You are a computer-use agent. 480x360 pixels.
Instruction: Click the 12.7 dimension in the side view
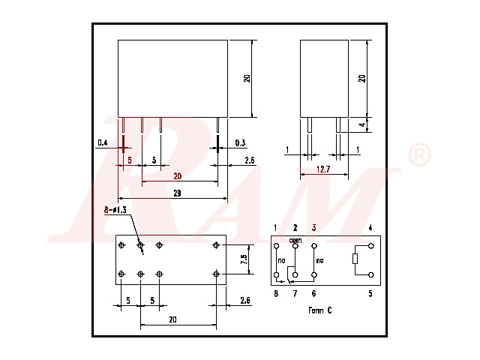pyautogui.click(x=323, y=169)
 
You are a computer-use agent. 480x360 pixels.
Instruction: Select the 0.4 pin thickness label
pyautogui.click(x=103, y=142)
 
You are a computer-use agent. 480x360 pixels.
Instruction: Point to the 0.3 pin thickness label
pyautogui.click(x=240, y=142)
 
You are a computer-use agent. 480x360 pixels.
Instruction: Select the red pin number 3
pyautogui.click(x=314, y=227)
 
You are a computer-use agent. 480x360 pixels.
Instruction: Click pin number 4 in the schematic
pyautogui.click(x=370, y=227)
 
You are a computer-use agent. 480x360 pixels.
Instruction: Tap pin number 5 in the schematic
pyautogui.click(x=370, y=294)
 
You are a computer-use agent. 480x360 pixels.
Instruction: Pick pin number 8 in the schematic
pyautogui.click(x=276, y=294)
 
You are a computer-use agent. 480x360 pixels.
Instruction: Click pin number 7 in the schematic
pyautogui.click(x=295, y=294)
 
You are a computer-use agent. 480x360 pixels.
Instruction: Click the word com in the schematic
pyautogui.click(x=295, y=239)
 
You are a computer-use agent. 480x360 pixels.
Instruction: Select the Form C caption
pyautogui.click(x=319, y=310)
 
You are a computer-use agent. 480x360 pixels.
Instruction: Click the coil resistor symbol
pyautogui.click(x=355, y=260)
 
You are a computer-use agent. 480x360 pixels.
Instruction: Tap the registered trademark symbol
pyautogui.click(x=418, y=156)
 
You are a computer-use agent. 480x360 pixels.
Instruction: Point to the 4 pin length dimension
pyautogui.click(x=361, y=124)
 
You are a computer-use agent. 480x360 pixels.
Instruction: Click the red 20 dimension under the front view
pyautogui.click(x=178, y=176)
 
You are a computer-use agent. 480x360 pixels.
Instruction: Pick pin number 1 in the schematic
pyautogui.click(x=276, y=227)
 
